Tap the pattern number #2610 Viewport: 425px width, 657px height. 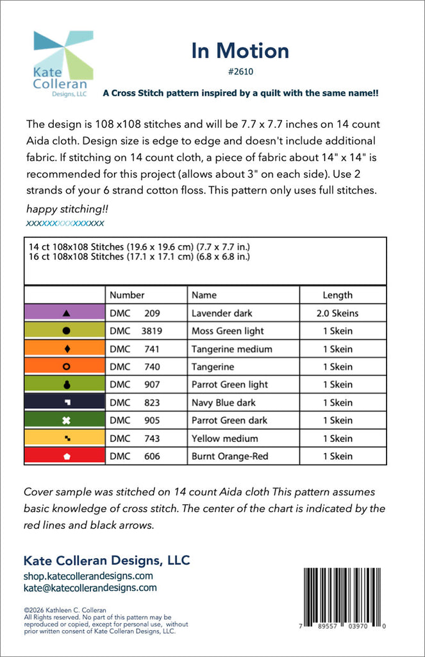click(x=240, y=73)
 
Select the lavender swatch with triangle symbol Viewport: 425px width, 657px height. click(x=65, y=313)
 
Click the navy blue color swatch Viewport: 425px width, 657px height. click(x=65, y=402)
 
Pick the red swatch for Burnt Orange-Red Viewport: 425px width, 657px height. click(x=65, y=456)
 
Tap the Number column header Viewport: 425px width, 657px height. click(x=127, y=295)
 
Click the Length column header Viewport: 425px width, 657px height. click(x=337, y=295)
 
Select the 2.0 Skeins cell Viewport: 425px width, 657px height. click(x=337, y=313)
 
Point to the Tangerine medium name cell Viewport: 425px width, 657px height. click(x=231, y=349)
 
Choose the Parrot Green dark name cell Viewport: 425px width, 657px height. click(x=229, y=420)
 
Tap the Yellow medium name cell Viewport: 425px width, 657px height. click(x=224, y=438)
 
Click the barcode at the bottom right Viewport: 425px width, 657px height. click(x=344, y=597)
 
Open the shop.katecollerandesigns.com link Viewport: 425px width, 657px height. click(x=88, y=576)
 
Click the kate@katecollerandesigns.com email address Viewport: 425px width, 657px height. click(x=90, y=587)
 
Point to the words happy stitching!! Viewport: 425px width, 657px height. click(x=58, y=209)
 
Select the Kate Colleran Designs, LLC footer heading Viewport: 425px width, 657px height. click(x=106, y=560)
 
